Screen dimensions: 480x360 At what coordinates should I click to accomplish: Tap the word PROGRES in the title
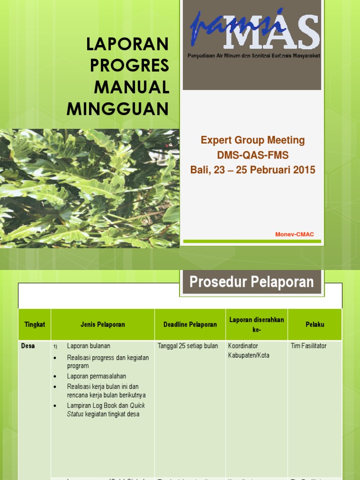[129, 66]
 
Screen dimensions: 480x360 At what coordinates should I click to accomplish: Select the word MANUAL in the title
[131, 87]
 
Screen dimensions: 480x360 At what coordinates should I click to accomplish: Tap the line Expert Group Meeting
[253, 140]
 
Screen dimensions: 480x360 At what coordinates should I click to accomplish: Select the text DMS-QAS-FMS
[253, 155]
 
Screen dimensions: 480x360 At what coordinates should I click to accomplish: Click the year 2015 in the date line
[300, 170]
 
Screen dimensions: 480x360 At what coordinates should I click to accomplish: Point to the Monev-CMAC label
[294, 234]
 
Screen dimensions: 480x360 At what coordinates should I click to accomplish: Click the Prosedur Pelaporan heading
[251, 282]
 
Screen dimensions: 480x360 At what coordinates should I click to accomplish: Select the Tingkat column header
[35, 324]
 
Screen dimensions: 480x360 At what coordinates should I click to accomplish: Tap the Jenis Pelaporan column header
[103, 324]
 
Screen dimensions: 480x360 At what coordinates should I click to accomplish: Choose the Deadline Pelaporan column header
[190, 324]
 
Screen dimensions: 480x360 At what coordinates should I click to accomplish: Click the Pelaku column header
[315, 324]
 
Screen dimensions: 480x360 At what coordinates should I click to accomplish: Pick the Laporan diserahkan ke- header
[256, 324]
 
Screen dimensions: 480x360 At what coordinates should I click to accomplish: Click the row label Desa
[28, 346]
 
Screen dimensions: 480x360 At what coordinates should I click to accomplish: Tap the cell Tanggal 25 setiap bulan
[187, 346]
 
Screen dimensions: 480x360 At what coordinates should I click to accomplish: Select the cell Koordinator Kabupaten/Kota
[248, 351]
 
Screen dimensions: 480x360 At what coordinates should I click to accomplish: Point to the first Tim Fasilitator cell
[308, 346]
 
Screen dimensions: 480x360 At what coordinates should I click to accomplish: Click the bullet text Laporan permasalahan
[96, 376]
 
